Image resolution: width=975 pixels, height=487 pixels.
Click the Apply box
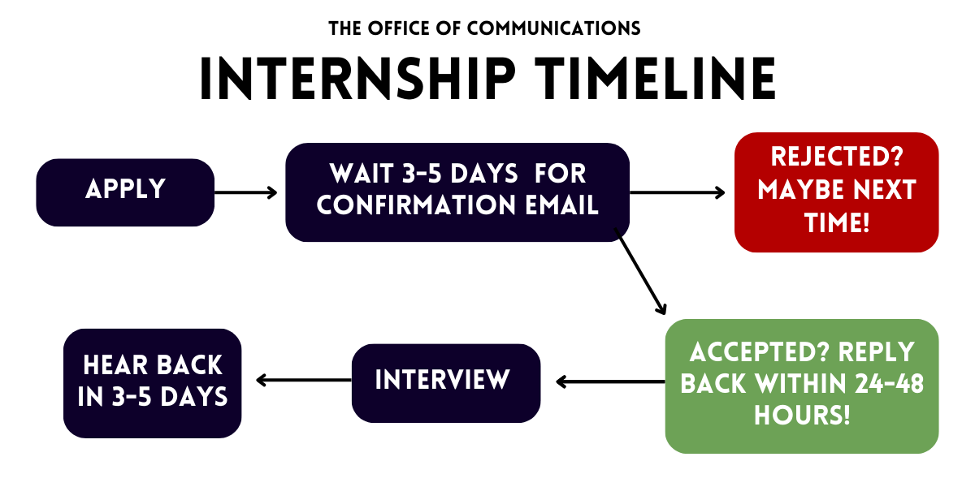click(125, 192)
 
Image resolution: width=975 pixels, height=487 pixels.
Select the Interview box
click(446, 383)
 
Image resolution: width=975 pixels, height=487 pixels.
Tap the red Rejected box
click(837, 192)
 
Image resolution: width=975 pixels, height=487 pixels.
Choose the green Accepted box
click(802, 386)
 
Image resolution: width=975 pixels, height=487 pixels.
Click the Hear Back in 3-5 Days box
click(153, 383)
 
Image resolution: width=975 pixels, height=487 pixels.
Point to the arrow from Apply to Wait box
click(246, 192)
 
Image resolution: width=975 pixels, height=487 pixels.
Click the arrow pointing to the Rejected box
click(678, 192)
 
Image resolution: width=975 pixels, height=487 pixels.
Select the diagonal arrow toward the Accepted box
click(640, 271)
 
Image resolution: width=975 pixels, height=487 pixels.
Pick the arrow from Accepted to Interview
click(610, 381)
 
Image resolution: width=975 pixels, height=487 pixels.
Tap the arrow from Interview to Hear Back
click(304, 380)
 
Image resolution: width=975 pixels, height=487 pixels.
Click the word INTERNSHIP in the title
click(357, 79)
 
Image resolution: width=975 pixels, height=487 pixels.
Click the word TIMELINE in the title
click(656, 79)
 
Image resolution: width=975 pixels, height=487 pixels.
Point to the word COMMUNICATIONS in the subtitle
click(553, 28)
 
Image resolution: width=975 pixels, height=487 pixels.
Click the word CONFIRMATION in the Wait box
click(416, 205)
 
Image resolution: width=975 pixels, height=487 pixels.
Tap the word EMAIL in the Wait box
click(562, 205)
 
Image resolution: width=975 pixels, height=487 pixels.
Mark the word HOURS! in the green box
click(802, 415)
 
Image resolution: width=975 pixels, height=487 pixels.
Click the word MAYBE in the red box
click(802, 190)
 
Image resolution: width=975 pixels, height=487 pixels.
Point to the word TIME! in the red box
click(837, 222)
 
